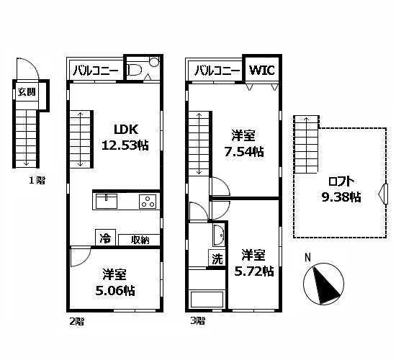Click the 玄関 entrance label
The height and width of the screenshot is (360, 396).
(x=26, y=91)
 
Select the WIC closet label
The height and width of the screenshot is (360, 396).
(x=262, y=71)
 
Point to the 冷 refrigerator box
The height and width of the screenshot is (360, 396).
(x=104, y=238)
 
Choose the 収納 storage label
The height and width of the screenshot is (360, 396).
(x=140, y=239)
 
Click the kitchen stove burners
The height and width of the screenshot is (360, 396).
(x=148, y=202)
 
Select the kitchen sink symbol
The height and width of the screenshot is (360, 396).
(x=107, y=202)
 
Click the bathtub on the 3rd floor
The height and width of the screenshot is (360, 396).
(x=207, y=300)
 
